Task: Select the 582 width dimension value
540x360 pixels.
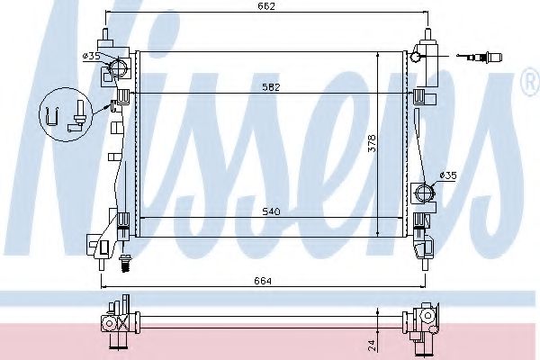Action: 271,87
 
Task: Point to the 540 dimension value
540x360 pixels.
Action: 271,212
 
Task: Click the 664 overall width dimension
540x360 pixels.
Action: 262,281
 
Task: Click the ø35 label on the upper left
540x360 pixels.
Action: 91,56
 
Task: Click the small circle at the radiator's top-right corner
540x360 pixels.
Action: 416,58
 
